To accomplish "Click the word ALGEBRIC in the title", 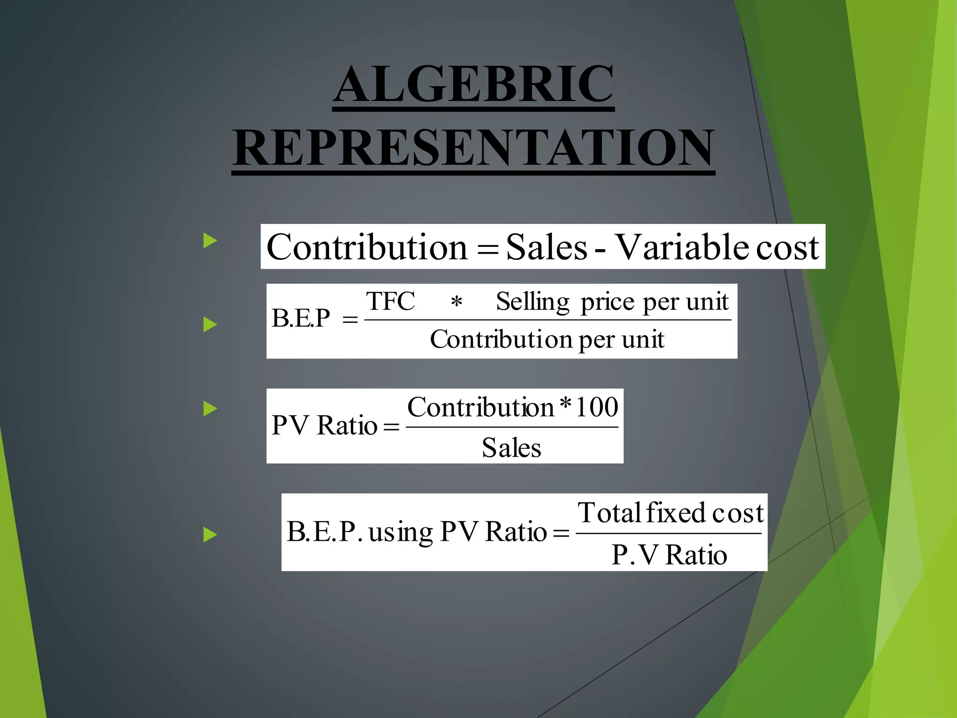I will coord(473,84).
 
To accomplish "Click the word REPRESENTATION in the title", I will coord(473,148).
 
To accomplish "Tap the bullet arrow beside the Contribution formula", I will coord(210,241).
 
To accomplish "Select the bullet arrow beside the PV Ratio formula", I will coord(210,409).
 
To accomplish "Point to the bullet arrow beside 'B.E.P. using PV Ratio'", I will coord(210,534).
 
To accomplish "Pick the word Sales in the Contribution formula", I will coord(546,247).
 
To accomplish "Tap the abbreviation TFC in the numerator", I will coord(390,301).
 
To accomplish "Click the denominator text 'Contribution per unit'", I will coord(547,339).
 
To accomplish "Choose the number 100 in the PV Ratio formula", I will coord(597,407).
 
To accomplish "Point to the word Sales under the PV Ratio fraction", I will coord(511,448).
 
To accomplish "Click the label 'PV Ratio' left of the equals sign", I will coord(324,426).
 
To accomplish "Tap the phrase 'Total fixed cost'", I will coord(670,513).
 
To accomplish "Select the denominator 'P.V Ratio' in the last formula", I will coord(669,555).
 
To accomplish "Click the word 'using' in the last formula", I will coord(400,533).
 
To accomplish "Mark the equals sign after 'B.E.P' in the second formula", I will coord(350,320).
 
